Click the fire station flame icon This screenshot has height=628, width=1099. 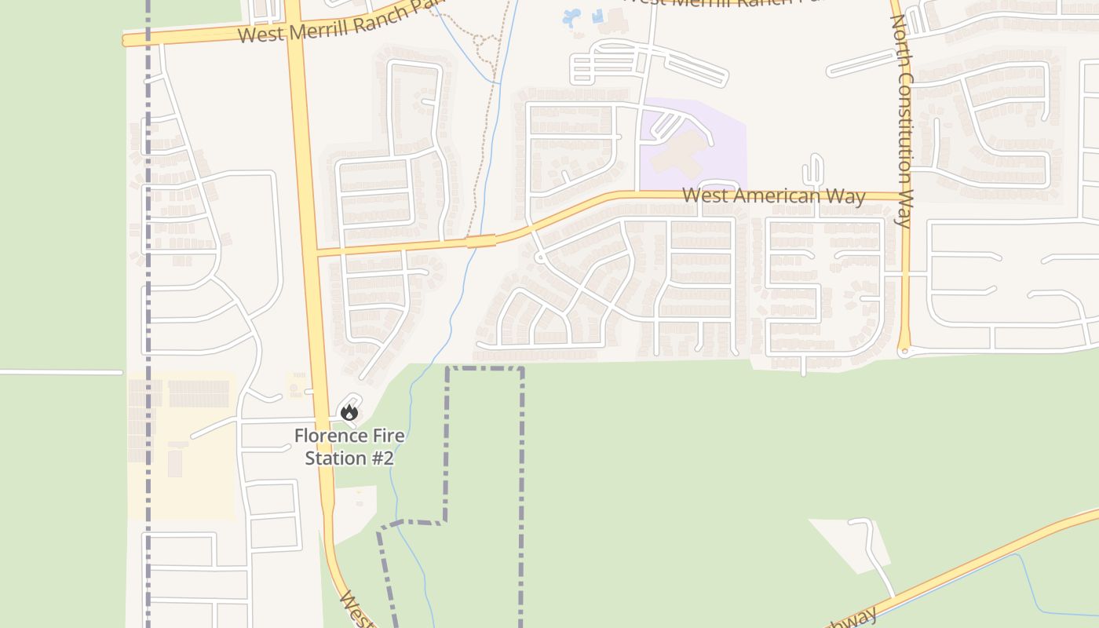pyautogui.click(x=349, y=411)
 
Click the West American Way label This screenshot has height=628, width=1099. pyautogui.click(x=773, y=195)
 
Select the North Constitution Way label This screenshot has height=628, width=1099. pyautogui.click(x=901, y=122)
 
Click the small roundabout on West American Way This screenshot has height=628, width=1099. pyautogui.click(x=539, y=257)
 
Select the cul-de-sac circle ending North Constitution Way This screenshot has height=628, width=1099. pyautogui.click(x=904, y=352)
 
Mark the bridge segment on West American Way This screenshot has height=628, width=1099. pyautogui.click(x=481, y=240)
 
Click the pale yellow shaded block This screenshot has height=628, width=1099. pyautogui.click(x=181, y=447)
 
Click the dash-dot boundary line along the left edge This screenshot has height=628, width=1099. pyautogui.click(x=148, y=314)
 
